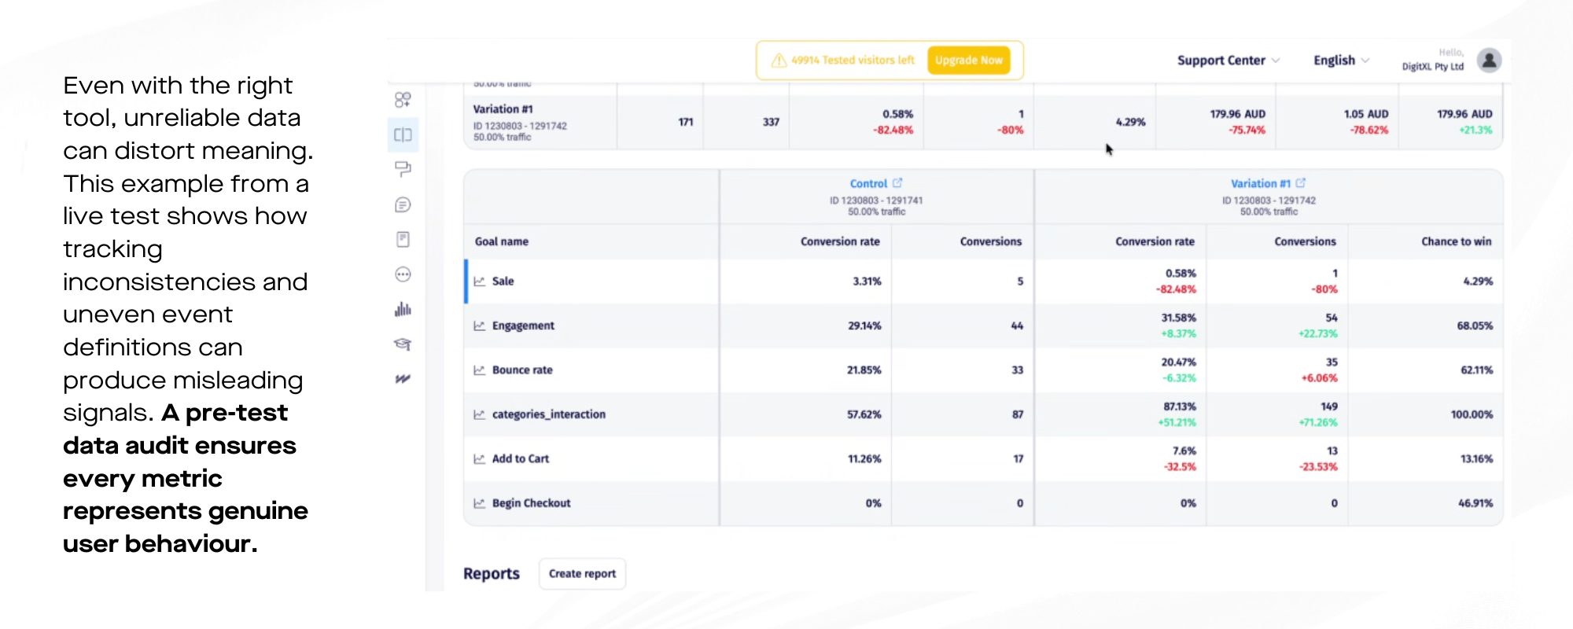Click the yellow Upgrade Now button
[968, 61]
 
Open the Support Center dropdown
[1228, 61]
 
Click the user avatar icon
[1489, 60]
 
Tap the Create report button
[582, 574]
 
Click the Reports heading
[491, 574]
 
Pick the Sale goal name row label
[503, 281]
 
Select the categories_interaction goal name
[548, 414]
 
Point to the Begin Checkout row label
[531, 503]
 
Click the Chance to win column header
[1456, 241]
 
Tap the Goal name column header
[502, 241]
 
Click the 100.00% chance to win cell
[1472, 414]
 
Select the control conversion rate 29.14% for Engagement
[864, 326]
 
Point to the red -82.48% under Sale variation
[1176, 289]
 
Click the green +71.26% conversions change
[1317, 422]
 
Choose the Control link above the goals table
[868, 183]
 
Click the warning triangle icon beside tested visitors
[779, 61]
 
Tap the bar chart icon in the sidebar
[403, 309]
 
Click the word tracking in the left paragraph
[112, 249]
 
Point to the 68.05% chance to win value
[1475, 326]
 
